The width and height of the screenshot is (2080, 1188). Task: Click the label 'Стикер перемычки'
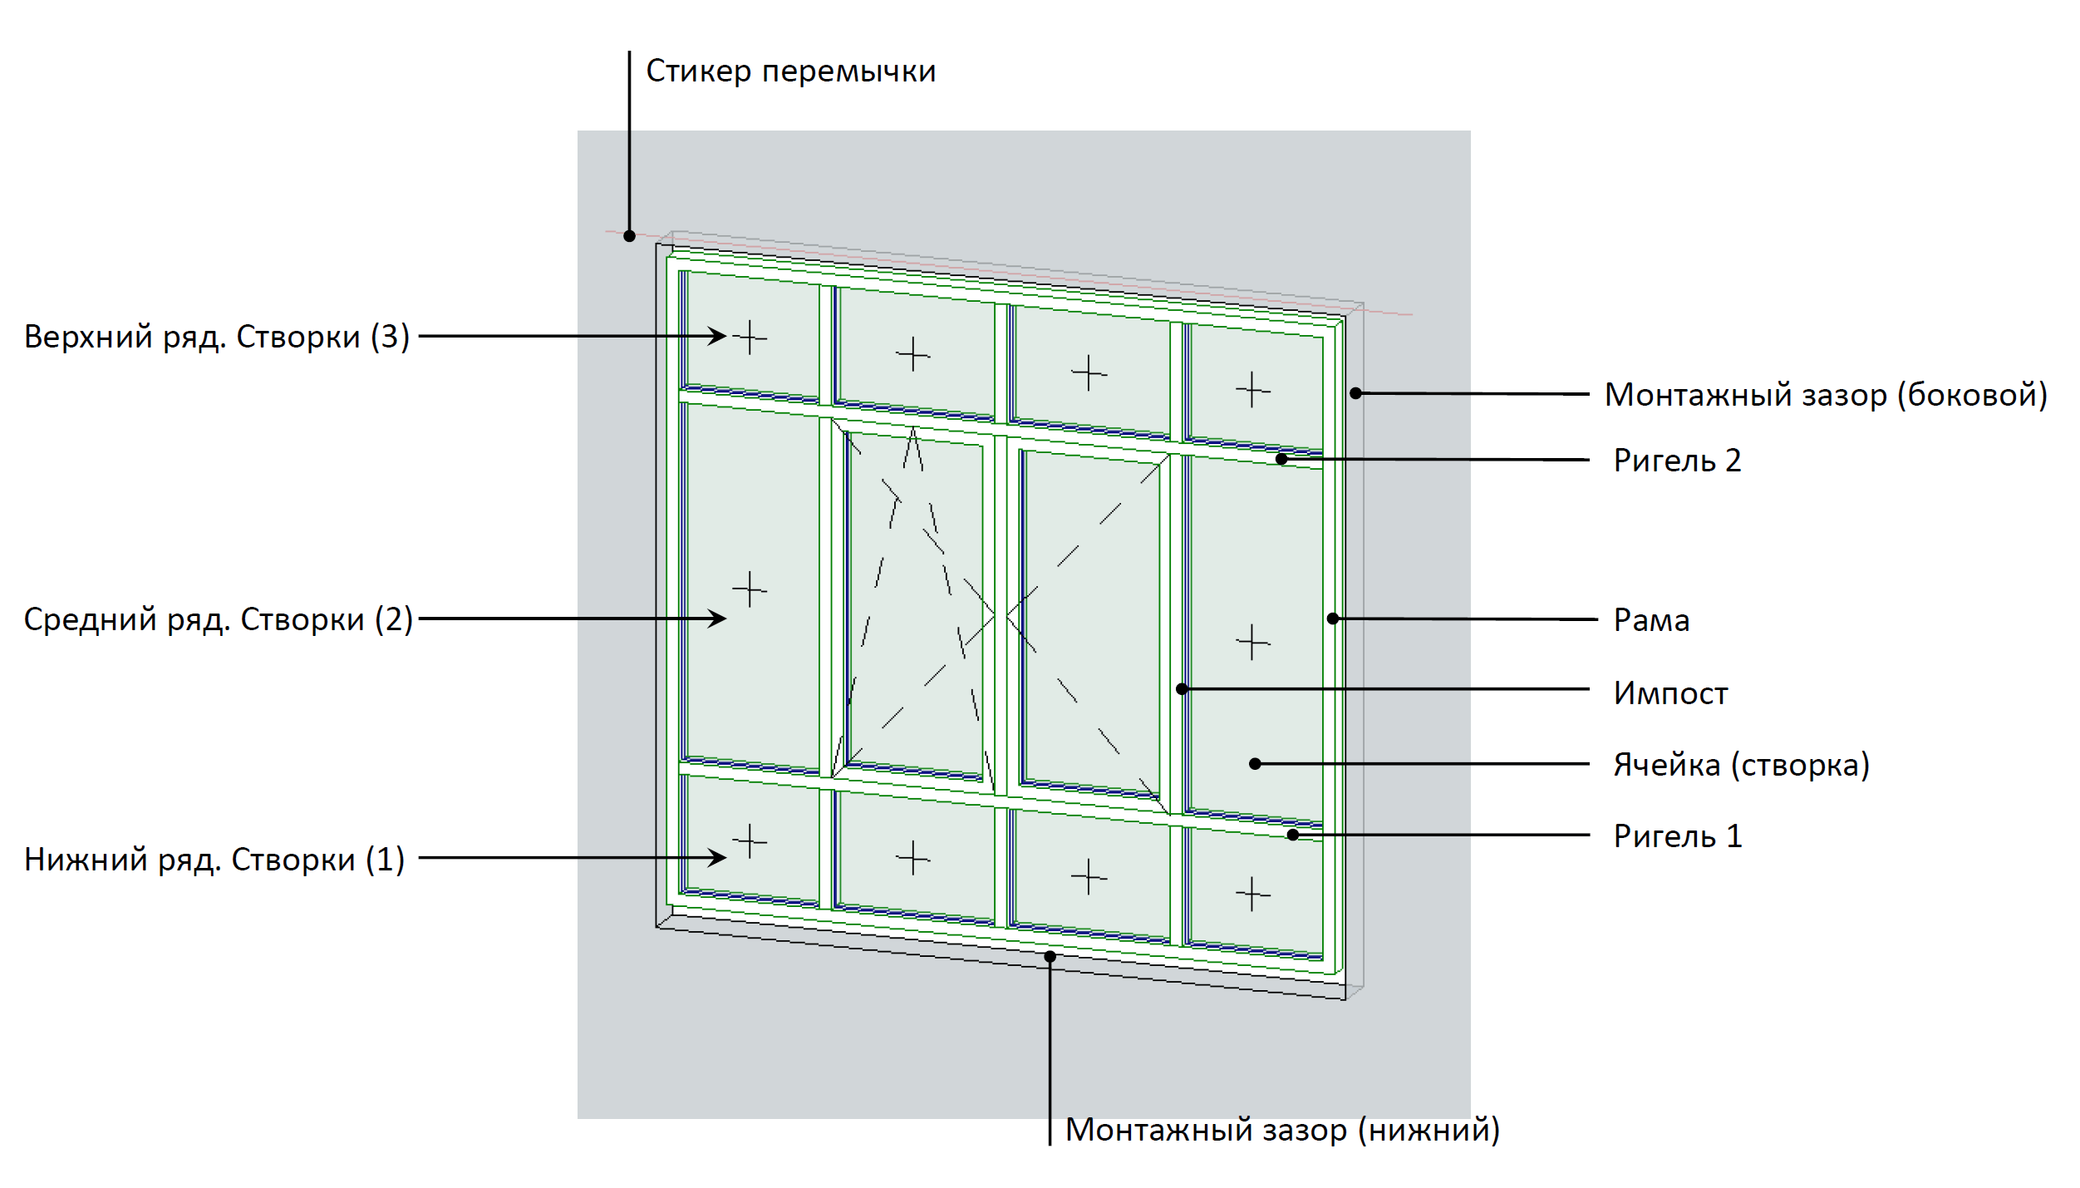[790, 71]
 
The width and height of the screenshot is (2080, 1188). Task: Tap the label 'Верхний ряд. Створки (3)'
[217, 337]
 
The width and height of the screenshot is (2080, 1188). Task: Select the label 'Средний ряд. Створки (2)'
[219, 619]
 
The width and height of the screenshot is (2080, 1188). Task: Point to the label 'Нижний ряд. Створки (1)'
[214, 860]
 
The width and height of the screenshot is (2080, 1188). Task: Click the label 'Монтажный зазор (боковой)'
[1826, 395]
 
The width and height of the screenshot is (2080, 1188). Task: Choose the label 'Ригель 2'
[1677, 461]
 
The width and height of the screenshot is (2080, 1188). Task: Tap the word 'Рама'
[1651, 620]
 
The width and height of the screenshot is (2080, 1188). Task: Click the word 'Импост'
[1670, 693]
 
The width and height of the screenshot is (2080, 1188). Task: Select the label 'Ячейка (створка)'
[1741, 765]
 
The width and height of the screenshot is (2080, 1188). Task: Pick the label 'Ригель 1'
[1677, 836]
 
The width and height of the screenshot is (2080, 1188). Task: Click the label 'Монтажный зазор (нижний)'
[1282, 1130]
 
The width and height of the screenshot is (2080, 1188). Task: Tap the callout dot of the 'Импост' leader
[1182, 689]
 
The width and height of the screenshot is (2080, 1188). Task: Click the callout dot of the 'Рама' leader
[1333, 619]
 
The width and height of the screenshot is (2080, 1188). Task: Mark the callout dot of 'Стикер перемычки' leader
[629, 236]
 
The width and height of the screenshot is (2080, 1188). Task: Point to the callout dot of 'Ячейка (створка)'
[1256, 764]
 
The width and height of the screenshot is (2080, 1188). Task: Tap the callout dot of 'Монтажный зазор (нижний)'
[1050, 957]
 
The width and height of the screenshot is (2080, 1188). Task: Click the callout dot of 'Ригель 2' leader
[1281, 459]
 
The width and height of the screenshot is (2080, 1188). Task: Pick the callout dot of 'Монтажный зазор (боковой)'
[1355, 393]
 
